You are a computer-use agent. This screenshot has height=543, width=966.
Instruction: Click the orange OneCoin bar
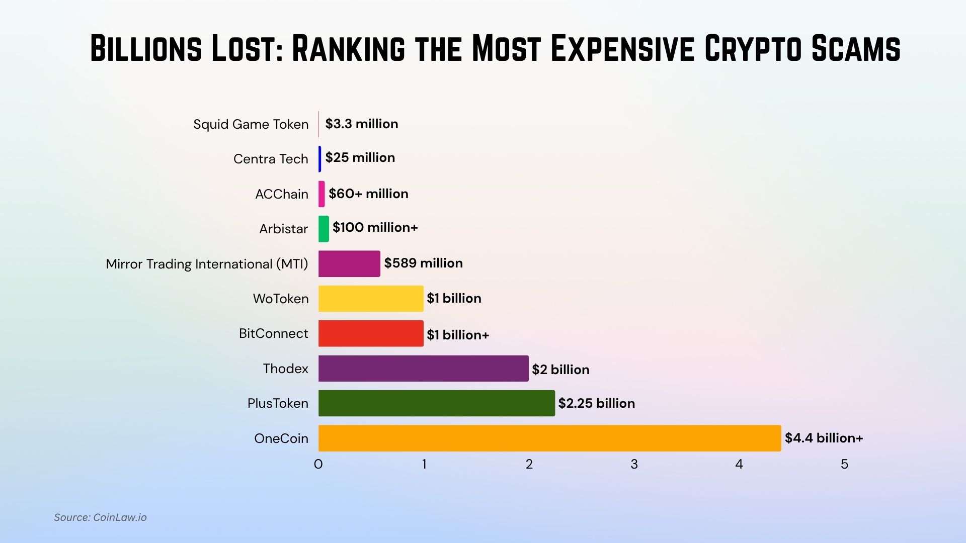click(x=549, y=438)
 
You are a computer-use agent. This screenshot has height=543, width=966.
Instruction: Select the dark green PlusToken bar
click(x=436, y=403)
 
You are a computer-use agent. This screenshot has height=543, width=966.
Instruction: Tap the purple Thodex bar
click(x=423, y=369)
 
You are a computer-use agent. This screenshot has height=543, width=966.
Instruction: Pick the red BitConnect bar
click(x=371, y=333)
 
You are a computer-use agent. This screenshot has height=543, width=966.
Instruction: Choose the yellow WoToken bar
click(x=371, y=299)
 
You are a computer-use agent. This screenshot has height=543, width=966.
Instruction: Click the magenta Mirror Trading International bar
click(x=349, y=263)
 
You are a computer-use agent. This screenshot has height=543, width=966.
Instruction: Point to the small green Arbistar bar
click(x=324, y=229)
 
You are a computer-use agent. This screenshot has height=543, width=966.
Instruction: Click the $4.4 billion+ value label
click(x=824, y=438)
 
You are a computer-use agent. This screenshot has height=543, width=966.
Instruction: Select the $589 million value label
click(x=423, y=263)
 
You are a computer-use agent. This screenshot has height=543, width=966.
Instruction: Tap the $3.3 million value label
click(x=361, y=124)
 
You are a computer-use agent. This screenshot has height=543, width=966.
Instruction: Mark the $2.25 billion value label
click(x=596, y=403)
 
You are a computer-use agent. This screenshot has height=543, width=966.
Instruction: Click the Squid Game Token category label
click(x=251, y=124)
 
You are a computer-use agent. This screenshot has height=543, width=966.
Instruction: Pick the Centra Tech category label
click(x=271, y=159)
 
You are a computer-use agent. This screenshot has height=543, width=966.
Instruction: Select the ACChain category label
click(x=281, y=194)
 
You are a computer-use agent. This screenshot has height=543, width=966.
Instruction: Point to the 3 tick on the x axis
click(x=634, y=464)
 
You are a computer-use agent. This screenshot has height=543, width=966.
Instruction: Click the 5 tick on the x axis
click(x=844, y=464)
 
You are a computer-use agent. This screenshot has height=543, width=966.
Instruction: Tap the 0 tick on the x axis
click(x=318, y=464)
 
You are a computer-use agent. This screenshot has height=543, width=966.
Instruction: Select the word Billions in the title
click(x=146, y=49)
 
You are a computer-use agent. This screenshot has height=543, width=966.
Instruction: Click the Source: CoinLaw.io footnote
click(x=100, y=517)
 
